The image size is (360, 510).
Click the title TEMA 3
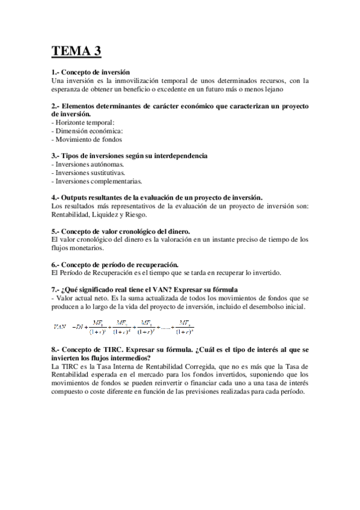click(x=76, y=51)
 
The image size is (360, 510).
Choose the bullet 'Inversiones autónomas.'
click(x=88, y=164)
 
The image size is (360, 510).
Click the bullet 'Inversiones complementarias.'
click(x=97, y=181)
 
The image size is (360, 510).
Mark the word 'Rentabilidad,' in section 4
click(x=72, y=214)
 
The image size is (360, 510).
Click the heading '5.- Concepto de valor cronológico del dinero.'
click(x=121, y=231)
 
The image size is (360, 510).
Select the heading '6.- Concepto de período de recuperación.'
click(x=115, y=264)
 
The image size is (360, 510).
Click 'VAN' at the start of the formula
click(x=59, y=327)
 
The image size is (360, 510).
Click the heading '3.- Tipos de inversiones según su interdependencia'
click(x=129, y=156)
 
